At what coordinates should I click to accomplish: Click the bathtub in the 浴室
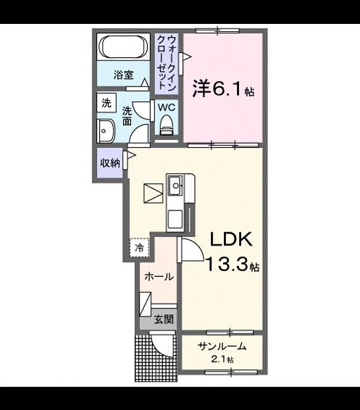click(x=125, y=48)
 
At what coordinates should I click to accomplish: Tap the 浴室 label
click(x=123, y=74)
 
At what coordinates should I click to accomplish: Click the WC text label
click(x=167, y=107)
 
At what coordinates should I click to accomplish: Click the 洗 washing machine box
click(x=106, y=103)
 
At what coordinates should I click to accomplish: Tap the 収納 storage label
click(x=109, y=163)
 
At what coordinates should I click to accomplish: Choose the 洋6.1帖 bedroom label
click(x=222, y=89)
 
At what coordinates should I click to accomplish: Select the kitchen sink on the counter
click(x=175, y=188)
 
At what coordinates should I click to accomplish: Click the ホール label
click(x=158, y=277)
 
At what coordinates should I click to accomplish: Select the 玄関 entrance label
click(x=163, y=319)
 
